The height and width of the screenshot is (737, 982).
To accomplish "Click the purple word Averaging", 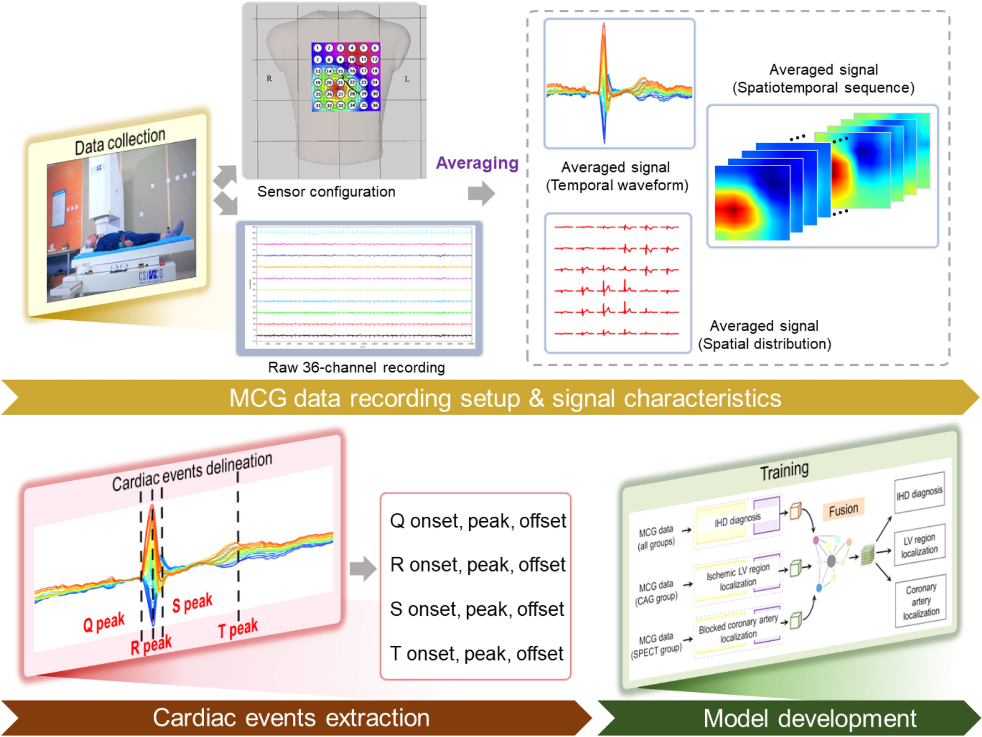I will point(477,163).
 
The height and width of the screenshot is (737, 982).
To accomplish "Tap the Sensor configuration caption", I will point(326,191).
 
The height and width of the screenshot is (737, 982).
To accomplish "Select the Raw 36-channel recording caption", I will point(356,367).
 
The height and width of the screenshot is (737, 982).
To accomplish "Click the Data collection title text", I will point(120,141).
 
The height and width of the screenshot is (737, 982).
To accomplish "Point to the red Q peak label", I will point(104,623).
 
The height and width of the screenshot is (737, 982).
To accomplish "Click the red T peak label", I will point(237,629).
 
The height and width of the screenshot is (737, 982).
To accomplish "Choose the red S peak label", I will point(192,603).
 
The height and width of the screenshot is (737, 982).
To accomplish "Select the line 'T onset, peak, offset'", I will point(477,653).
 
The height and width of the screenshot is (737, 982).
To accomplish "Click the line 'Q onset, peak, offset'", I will point(478,521).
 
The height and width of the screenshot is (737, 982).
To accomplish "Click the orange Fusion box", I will point(843,510).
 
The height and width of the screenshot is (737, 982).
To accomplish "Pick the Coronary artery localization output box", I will point(921,601).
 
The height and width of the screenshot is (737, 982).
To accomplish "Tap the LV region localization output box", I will point(919,544).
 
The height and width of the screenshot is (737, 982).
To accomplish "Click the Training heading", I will point(784,471).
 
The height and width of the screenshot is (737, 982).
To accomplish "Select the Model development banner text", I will point(809,718).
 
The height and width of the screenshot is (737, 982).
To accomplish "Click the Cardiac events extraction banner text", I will point(291,718).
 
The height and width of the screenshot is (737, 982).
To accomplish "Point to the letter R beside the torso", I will point(269,79).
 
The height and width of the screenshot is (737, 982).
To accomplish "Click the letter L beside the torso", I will point(407,79).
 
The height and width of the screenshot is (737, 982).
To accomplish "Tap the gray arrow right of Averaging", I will point(481,194).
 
